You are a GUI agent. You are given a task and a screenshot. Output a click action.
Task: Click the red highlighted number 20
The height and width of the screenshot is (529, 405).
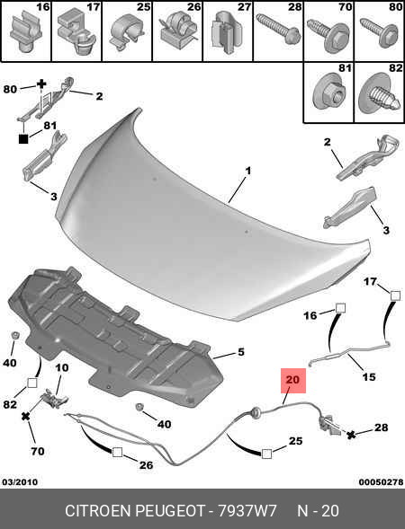pyautogui.click(x=292, y=380)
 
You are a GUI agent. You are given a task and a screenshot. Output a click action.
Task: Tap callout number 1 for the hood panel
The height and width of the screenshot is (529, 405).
pyautogui.click(x=248, y=171)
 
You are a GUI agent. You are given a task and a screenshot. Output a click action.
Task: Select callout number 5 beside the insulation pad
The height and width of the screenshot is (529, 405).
pyautogui.click(x=240, y=352)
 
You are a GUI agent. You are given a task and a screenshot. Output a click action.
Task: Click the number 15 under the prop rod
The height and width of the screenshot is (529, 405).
pyautogui.click(x=369, y=376)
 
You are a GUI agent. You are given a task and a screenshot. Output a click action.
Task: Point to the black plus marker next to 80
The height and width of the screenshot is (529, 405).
pyautogui.click(x=40, y=84)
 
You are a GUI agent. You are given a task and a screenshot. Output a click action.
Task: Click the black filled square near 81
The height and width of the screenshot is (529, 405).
pyautogui.click(x=23, y=138)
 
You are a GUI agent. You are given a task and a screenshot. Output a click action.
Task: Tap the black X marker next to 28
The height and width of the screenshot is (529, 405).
pyautogui.click(x=351, y=435)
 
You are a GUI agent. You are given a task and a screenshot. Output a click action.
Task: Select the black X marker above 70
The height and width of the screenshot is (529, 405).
pyautogui.click(x=25, y=417)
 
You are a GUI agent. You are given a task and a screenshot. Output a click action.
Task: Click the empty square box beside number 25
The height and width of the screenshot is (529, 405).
pyautogui.click(x=266, y=454)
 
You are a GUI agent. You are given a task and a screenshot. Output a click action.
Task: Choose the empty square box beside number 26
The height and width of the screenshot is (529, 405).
pyautogui.click(x=117, y=452)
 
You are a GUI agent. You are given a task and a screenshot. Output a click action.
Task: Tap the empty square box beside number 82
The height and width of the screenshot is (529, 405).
pyautogui.click(x=32, y=383)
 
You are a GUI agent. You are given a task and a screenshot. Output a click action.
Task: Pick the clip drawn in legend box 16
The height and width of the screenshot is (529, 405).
pyautogui.click(x=26, y=31)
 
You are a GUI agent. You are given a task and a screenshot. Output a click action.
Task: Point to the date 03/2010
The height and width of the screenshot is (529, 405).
pyautogui.click(x=20, y=481)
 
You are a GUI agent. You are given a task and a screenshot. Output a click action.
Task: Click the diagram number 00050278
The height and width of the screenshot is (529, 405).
pyautogui.click(x=381, y=481)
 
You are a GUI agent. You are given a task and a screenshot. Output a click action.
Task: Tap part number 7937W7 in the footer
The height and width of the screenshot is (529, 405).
pyautogui.click(x=247, y=511)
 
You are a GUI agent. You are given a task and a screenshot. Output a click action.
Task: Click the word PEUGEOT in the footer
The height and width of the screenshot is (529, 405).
pyautogui.click(x=170, y=511)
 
